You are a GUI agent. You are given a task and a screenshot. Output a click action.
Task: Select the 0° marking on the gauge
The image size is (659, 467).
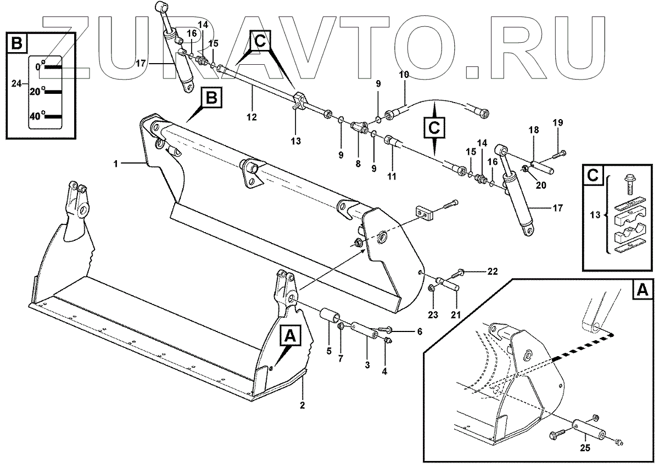[39, 66]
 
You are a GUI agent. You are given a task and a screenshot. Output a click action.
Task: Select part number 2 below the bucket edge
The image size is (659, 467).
[302, 405]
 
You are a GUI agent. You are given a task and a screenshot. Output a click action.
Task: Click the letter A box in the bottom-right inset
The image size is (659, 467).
[640, 290]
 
